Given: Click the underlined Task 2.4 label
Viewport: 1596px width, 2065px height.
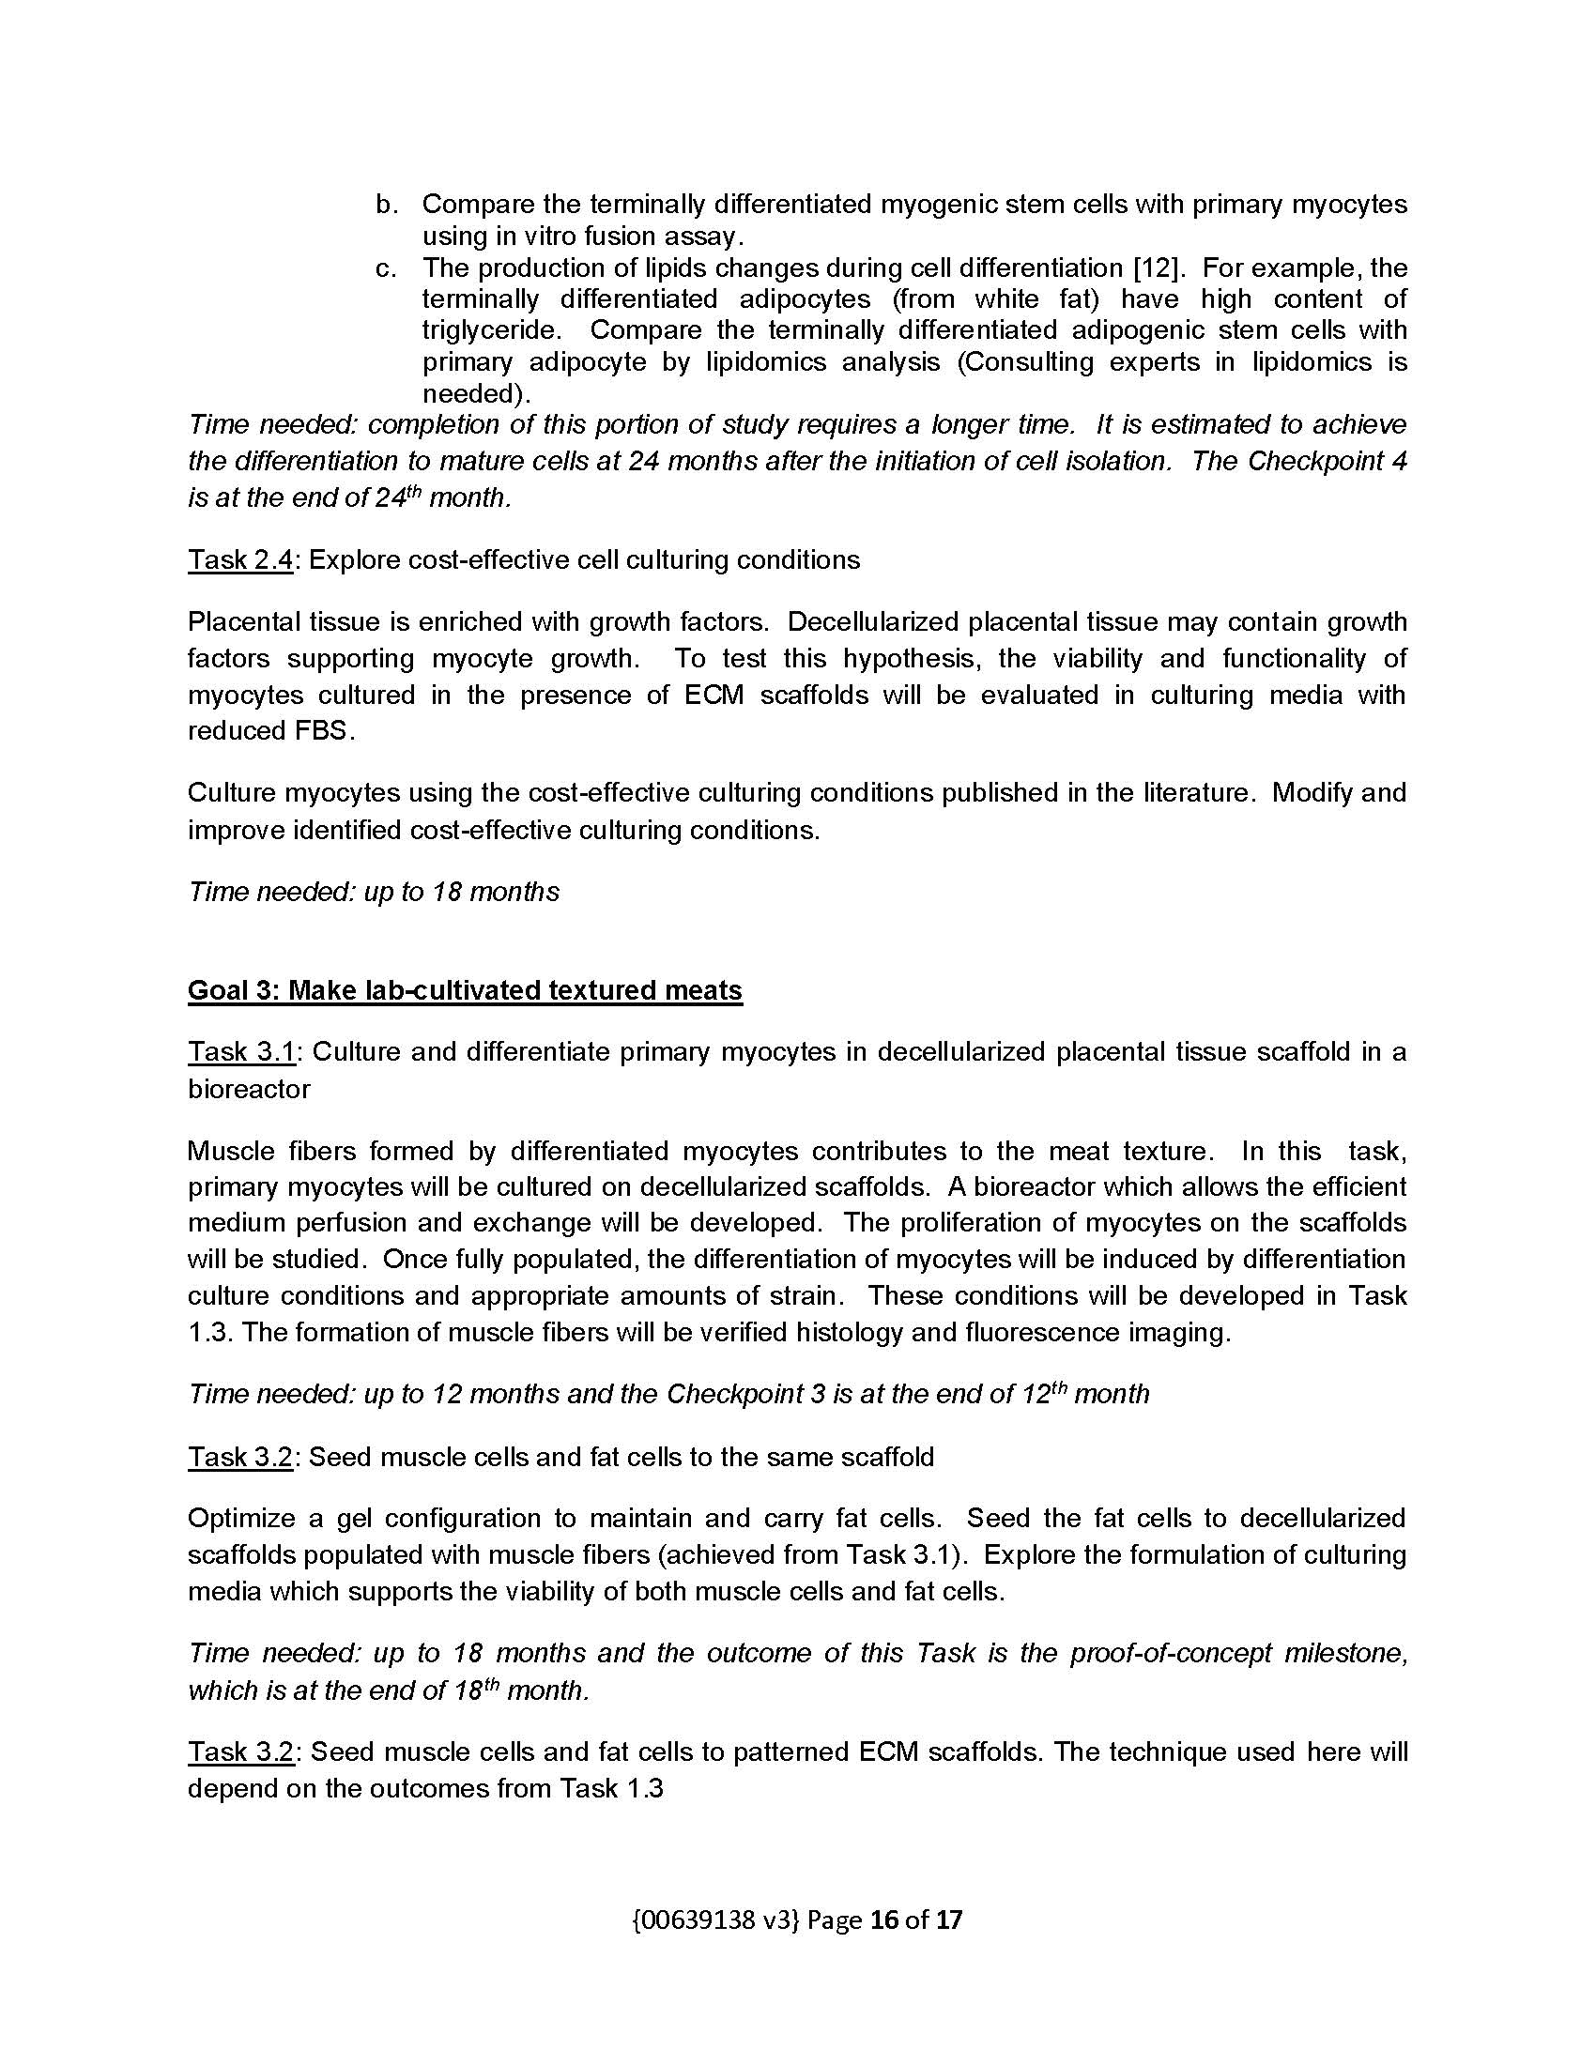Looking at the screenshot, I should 240,559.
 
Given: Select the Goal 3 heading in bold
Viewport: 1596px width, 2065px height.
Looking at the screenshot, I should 465,990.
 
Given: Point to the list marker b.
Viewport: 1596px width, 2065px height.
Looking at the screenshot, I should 386,205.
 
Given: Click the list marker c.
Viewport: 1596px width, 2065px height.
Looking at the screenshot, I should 386,268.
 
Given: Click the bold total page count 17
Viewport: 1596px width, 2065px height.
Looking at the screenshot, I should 948,1920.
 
